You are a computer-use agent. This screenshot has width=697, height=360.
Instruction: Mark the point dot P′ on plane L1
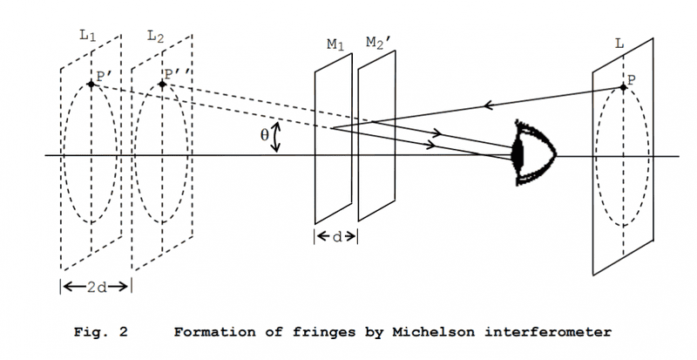click(x=91, y=85)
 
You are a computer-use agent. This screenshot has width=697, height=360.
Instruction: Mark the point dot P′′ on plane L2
click(x=163, y=85)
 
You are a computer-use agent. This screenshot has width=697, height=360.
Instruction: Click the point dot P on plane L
click(x=624, y=88)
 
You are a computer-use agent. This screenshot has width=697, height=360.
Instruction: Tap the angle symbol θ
click(x=265, y=137)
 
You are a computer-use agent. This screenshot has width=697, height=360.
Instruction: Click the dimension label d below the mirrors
click(x=335, y=237)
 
